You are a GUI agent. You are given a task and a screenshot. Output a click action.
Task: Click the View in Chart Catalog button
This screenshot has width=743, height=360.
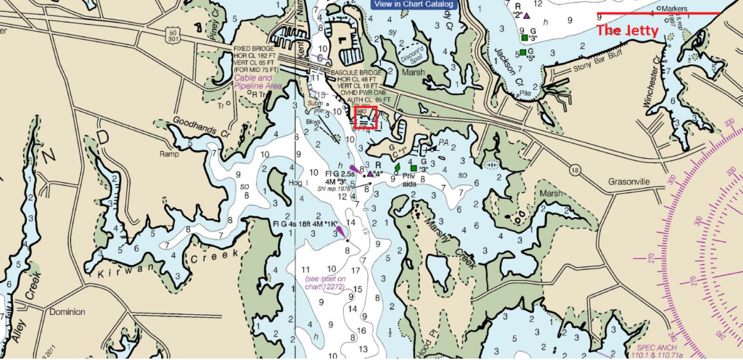click(414, 4)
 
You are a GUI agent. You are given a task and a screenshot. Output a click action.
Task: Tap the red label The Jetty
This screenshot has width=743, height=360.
click(626, 31)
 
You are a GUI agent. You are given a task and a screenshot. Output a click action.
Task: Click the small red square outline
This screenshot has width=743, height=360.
click(365, 118)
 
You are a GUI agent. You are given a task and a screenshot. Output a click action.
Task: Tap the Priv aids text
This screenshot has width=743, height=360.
click(409, 184)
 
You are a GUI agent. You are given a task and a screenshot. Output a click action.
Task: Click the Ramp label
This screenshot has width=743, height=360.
click(168, 154)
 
